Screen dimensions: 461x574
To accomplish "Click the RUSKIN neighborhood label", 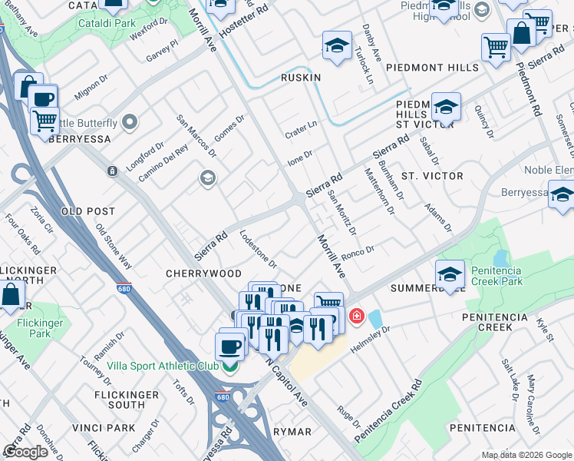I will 300,78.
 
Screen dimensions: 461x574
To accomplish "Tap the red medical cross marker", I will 357,316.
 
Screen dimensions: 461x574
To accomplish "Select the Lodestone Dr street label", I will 259,249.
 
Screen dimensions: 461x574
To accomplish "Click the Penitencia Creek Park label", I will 519,277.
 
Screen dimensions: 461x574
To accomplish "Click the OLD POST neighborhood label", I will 87,211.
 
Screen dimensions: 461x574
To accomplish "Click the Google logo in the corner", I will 25,452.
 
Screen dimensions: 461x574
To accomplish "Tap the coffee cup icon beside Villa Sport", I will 230,345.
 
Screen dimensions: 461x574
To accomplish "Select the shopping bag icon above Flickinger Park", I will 12,295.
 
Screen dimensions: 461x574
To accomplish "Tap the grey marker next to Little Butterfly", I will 130,122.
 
